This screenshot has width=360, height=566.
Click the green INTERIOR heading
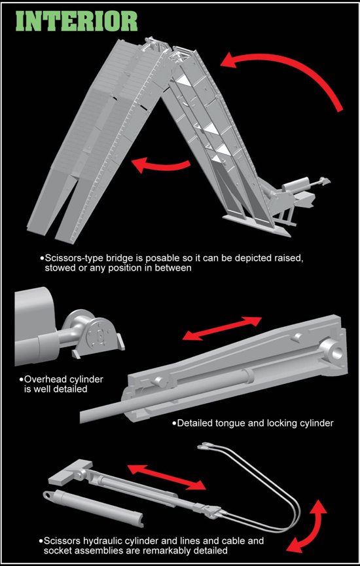pos(77,22)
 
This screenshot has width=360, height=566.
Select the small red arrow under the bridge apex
pos(160,165)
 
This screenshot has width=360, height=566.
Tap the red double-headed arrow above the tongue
pos(222,328)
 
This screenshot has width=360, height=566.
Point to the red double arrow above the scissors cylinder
pos(167,477)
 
